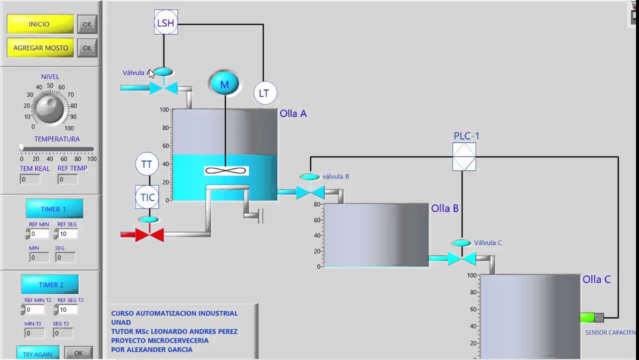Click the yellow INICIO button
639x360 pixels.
pyautogui.click(x=40, y=24)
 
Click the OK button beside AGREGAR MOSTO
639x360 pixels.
pyautogui.click(x=87, y=48)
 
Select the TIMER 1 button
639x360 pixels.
pyautogui.click(x=54, y=209)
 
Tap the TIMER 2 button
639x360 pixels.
pyautogui.click(x=50, y=284)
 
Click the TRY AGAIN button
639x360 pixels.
pyautogui.click(x=37, y=353)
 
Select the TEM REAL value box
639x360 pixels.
pyautogui.click(x=30, y=179)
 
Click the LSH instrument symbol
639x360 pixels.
pyautogui.click(x=165, y=23)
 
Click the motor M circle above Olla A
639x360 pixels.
pyautogui.click(x=224, y=84)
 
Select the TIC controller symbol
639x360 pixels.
pyautogui.click(x=147, y=197)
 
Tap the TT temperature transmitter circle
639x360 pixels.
pyautogui.click(x=146, y=164)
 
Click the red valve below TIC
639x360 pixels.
pyautogui.click(x=149, y=234)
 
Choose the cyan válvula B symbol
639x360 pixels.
pyautogui.click(x=310, y=191)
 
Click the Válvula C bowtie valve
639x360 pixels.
pyautogui.click(x=461, y=258)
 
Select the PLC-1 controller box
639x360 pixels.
pyautogui.click(x=464, y=156)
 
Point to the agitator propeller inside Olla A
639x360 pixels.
pyautogui.click(x=226, y=171)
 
